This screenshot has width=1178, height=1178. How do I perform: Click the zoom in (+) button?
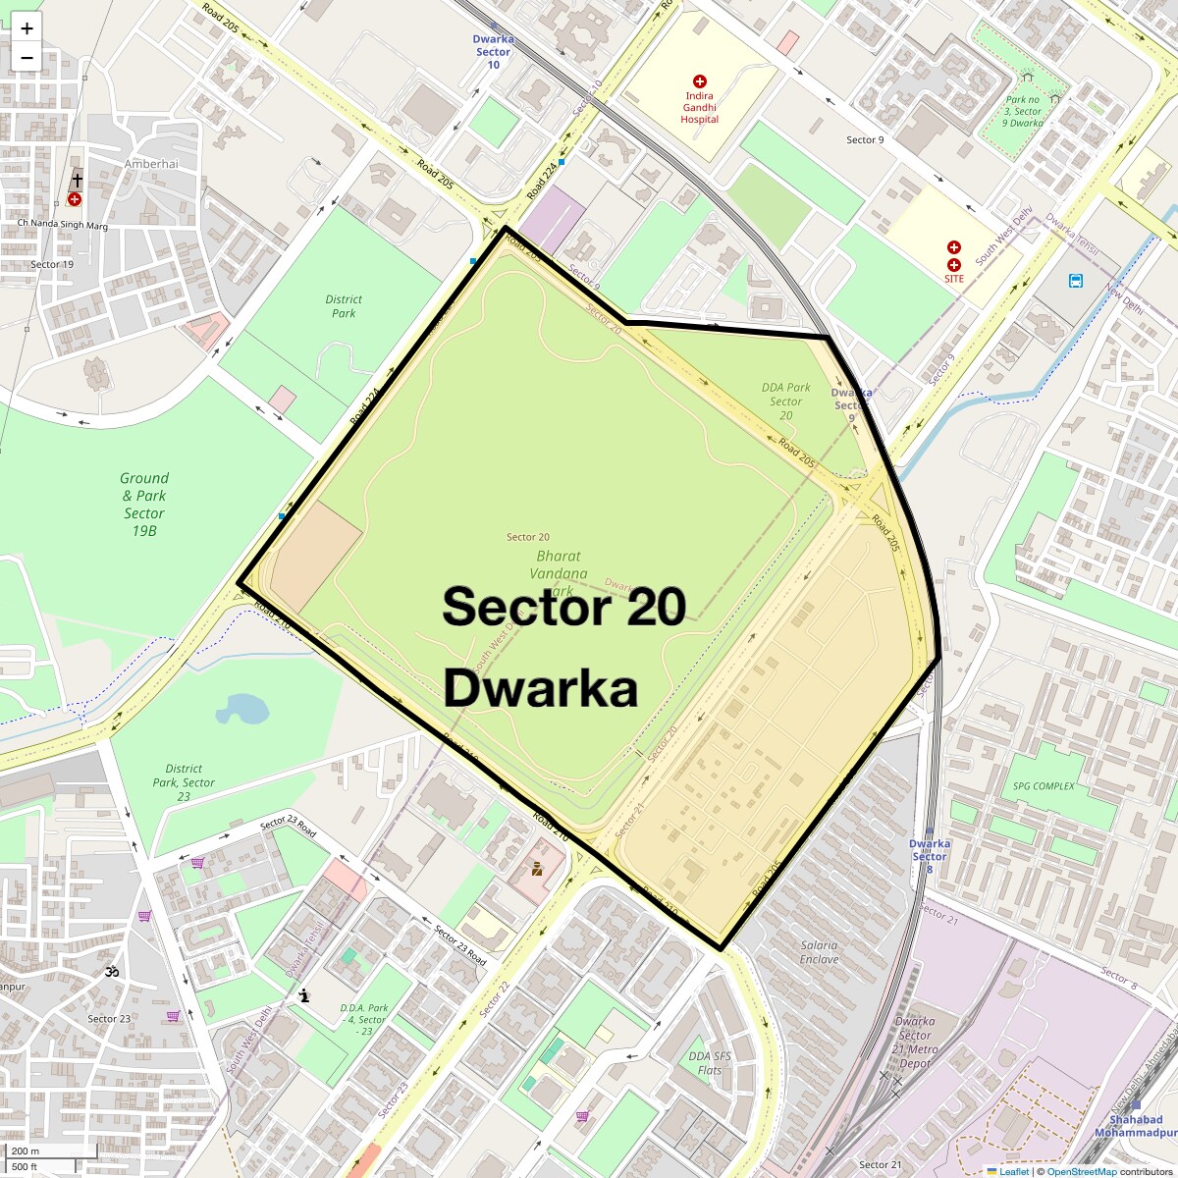[27, 28]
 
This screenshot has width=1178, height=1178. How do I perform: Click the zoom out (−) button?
[27, 57]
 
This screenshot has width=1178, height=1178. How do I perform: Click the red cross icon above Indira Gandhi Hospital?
[700, 81]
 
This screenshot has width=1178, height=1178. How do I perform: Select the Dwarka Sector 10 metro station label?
[493, 52]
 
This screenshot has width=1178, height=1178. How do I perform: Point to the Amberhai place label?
[151, 164]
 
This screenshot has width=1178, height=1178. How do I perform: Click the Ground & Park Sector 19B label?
[144, 504]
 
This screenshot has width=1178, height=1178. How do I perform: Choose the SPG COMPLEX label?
[1044, 786]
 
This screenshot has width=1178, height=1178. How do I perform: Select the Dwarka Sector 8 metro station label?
[929, 850]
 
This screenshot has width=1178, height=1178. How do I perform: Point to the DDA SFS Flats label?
[710, 1063]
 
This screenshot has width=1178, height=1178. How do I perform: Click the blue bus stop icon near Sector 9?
[1076, 281]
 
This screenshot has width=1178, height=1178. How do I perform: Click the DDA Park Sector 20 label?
[785, 401]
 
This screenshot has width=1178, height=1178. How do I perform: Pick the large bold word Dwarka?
[541, 688]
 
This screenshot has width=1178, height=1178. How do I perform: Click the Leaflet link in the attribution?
[1013, 1171]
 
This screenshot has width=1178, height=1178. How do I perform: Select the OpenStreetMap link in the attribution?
[1081, 1171]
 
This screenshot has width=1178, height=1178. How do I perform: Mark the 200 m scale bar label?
[27, 1151]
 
